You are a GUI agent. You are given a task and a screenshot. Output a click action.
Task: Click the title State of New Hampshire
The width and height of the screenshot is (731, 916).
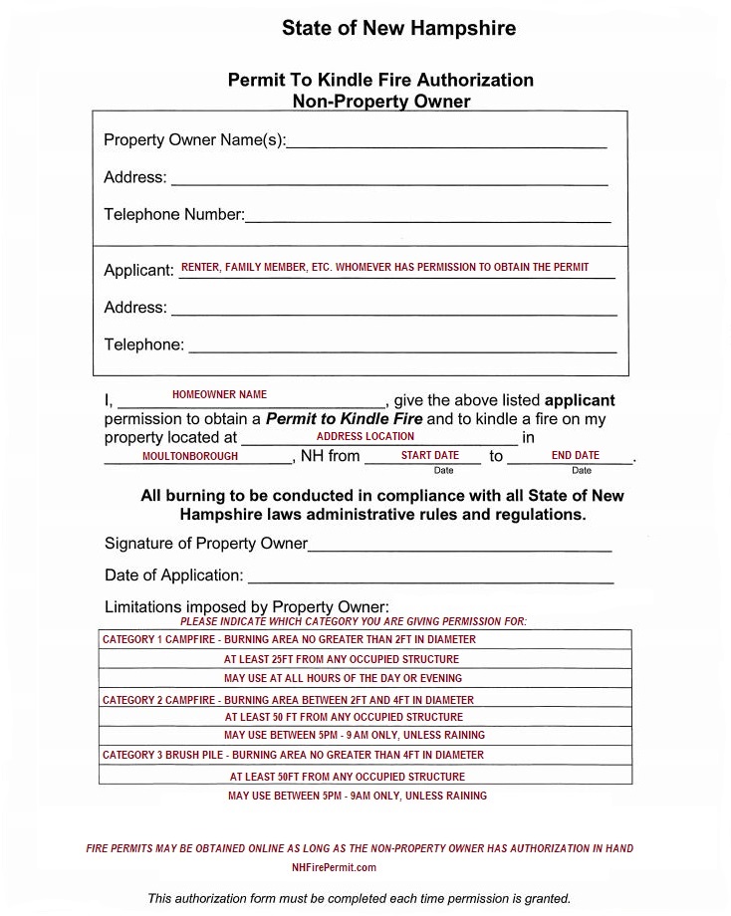point(398,28)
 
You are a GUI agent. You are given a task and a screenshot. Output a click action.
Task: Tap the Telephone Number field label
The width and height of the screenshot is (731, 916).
point(173,214)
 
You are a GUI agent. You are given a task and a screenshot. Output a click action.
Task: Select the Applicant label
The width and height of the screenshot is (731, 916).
point(138,271)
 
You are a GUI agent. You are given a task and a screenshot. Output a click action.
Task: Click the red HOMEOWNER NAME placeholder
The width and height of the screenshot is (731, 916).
point(219,395)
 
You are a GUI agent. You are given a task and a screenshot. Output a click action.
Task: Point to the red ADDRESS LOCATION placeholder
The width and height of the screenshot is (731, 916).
point(365,436)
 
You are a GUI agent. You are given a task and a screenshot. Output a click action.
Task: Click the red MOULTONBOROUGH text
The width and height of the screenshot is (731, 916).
point(190,456)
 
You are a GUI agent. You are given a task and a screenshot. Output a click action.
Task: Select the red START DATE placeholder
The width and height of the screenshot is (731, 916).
point(430,456)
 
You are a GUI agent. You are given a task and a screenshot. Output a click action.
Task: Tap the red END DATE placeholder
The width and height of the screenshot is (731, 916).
point(575,456)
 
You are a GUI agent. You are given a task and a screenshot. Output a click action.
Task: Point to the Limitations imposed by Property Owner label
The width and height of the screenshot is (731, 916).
point(246,607)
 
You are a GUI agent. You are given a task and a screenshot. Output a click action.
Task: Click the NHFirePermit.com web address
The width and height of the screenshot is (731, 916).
point(335,867)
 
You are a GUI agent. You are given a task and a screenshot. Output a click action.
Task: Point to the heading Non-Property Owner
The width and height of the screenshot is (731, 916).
point(381,101)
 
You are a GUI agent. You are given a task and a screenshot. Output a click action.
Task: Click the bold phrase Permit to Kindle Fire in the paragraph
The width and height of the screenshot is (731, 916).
point(344,419)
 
